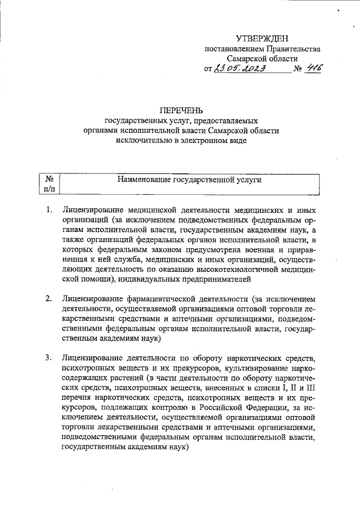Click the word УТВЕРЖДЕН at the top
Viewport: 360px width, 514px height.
coord(261,38)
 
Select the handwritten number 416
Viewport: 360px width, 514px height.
coord(315,68)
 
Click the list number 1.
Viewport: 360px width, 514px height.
coord(49,211)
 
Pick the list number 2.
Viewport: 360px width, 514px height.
coord(49,298)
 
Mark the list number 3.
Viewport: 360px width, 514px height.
coord(49,357)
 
